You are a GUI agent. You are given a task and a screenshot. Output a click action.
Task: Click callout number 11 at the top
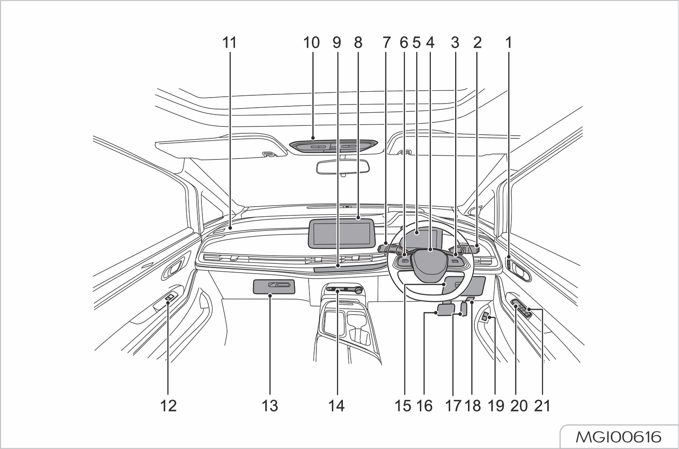coord(229,43)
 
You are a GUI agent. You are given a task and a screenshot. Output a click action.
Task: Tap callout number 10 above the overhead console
coord(311,43)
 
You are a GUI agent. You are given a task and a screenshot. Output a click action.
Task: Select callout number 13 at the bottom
coord(270,405)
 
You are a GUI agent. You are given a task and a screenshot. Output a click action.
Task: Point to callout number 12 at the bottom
coord(168,405)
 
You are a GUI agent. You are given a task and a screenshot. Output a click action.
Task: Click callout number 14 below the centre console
coord(337,405)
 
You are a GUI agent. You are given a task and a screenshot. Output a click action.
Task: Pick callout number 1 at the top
coord(508,43)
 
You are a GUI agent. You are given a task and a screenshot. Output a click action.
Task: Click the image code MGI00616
coord(619,437)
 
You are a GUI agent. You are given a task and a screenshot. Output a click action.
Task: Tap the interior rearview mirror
coord(343,167)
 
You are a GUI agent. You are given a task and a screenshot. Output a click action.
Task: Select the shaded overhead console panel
coord(334,146)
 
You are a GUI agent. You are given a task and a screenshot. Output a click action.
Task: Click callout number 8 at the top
coord(358,43)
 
